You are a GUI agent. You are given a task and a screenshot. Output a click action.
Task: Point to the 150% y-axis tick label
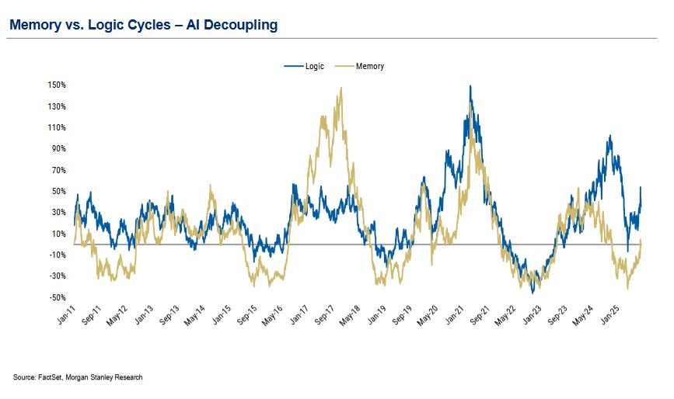[57, 85]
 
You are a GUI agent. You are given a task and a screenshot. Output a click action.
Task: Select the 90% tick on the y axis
[59, 148]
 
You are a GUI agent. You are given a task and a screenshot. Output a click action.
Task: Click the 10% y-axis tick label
[59, 234]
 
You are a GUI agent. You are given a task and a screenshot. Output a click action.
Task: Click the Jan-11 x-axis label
[66, 317]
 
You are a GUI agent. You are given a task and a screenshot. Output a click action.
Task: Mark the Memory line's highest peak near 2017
[340, 88]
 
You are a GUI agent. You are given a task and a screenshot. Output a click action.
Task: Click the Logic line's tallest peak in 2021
[470, 86]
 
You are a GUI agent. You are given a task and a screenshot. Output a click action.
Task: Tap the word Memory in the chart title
[33, 26]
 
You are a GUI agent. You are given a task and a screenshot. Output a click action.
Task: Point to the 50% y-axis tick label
[59, 191]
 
